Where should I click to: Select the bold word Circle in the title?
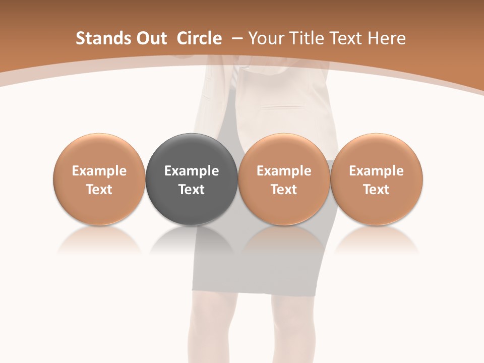point(199,38)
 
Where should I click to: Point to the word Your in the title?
point(265,38)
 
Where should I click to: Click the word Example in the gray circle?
point(192,171)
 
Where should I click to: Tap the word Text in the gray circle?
point(192,190)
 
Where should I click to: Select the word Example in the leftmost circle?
point(99,171)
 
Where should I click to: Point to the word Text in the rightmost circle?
point(377,190)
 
